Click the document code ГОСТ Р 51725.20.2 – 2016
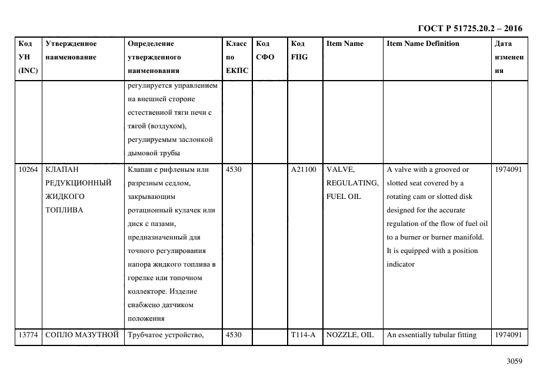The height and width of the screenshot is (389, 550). coord(469,28)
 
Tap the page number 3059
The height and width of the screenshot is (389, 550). coord(515,361)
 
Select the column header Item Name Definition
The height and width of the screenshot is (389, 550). coord(423,44)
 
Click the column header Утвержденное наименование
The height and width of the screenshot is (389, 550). coord(71,51)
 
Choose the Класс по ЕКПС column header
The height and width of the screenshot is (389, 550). coord(237,57)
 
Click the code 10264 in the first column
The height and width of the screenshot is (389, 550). coord(28,170)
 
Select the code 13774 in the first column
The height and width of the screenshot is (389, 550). coord(28,335)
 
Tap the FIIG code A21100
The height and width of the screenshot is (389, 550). coord(304,170)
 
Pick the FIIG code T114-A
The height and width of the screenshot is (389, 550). coord(303,335)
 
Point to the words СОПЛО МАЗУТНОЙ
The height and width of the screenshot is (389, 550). coord(82,335)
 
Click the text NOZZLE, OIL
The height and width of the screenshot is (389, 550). coord(350,335)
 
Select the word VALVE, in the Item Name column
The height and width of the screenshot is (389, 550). coord(341,170)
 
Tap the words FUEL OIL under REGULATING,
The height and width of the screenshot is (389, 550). coord(344,197)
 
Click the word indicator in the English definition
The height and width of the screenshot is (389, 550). coord(401,264)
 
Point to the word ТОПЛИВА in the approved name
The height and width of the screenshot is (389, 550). coord(64,210)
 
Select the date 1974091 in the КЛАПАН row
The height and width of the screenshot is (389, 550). coord(509,170)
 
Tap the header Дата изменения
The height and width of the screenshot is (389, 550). coord(509,57)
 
